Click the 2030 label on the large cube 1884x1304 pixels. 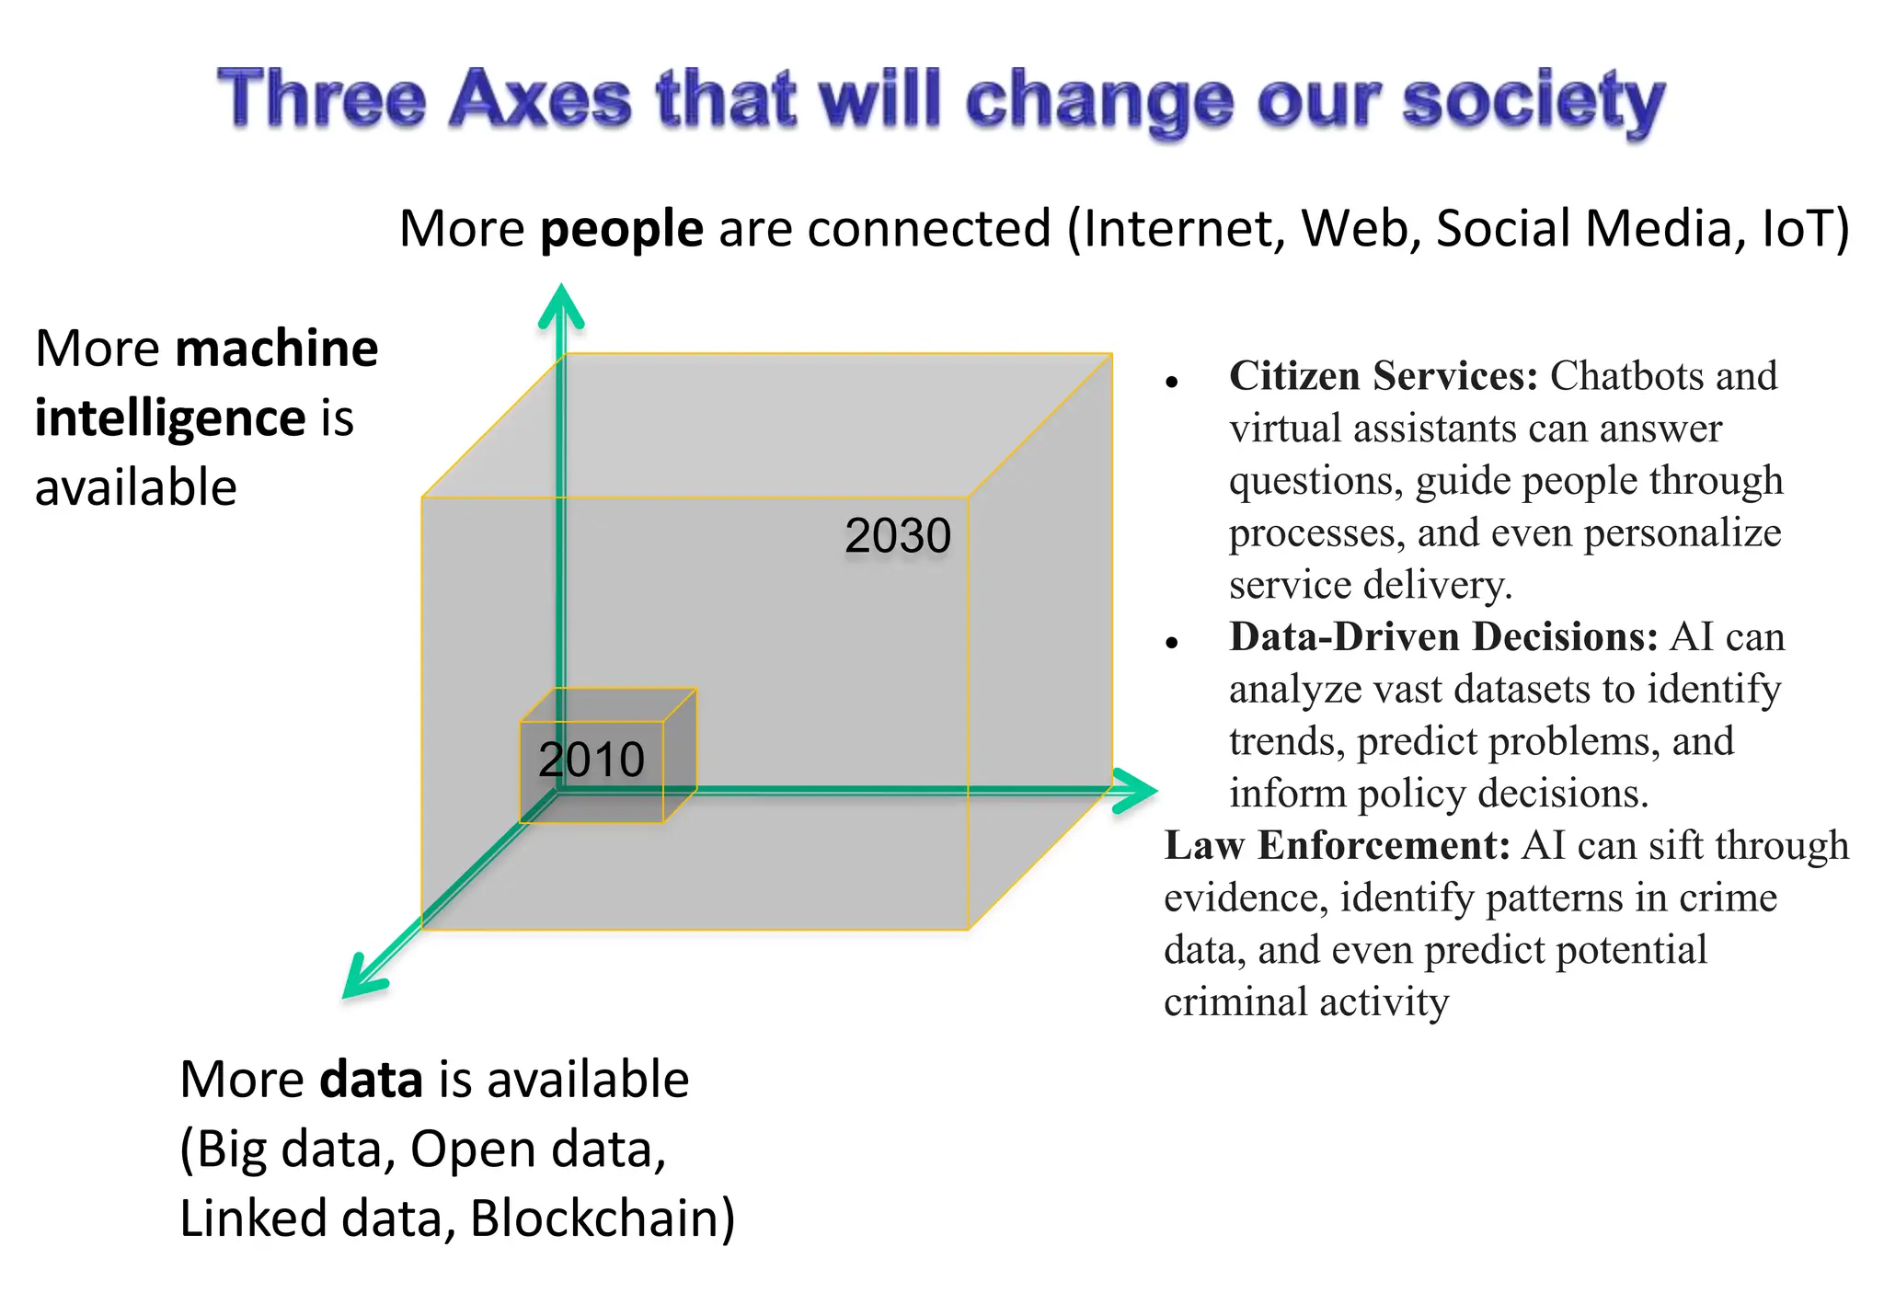point(897,536)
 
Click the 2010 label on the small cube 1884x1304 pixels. point(592,760)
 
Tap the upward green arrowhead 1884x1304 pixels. point(561,305)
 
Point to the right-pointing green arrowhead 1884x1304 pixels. point(1135,790)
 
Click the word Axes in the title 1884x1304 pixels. point(540,99)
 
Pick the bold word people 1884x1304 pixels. point(622,229)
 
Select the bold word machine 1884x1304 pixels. point(276,349)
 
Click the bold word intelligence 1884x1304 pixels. point(170,419)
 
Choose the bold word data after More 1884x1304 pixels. point(371,1080)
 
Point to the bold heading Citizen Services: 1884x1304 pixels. point(1383,376)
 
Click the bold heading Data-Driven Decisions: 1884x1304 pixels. point(1442,637)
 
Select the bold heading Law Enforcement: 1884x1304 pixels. point(1336,846)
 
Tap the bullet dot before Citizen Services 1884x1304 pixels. point(1171,383)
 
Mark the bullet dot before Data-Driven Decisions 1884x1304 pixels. point(1171,644)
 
